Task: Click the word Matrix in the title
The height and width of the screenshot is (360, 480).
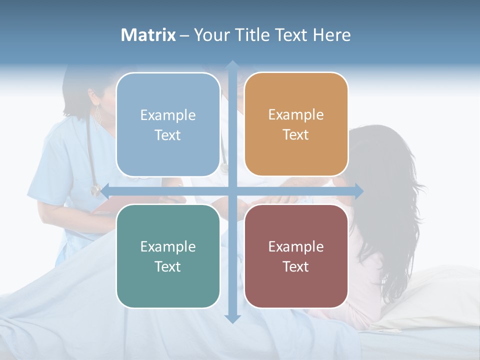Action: [x=148, y=35]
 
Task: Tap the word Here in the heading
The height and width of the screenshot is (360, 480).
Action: [x=331, y=35]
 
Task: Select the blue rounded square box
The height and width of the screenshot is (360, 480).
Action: [x=168, y=124]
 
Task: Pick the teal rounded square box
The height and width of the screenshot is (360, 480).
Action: [x=168, y=256]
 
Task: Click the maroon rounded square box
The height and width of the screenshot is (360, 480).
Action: [x=296, y=256]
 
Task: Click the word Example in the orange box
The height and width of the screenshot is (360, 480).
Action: [x=296, y=114]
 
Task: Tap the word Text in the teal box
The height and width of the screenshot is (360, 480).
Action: [x=167, y=266]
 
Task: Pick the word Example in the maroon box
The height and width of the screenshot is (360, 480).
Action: [x=296, y=246]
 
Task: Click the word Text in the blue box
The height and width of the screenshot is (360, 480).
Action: [x=167, y=135]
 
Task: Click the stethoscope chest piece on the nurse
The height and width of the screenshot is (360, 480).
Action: [x=95, y=190]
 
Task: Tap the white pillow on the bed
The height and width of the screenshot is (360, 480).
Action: [x=430, y=295]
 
